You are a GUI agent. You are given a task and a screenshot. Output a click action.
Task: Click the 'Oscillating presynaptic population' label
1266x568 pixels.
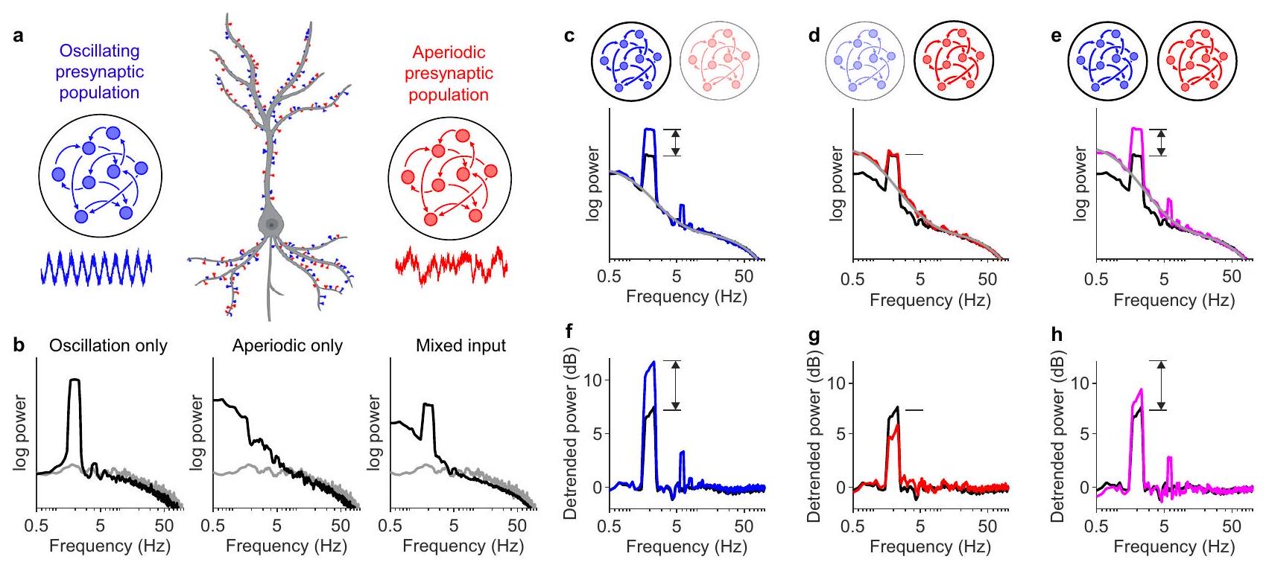point(99,72)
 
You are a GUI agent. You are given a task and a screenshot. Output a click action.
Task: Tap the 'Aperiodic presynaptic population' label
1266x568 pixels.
point(449,74)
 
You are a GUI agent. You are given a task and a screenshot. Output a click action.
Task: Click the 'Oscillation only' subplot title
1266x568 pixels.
point(108,346)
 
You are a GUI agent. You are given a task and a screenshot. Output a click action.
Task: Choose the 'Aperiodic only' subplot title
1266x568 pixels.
point(287,346)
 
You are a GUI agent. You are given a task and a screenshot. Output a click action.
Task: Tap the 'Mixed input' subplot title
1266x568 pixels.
point(460,346)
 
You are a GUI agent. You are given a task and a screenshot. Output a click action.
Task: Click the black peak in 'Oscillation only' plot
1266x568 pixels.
point(74,381)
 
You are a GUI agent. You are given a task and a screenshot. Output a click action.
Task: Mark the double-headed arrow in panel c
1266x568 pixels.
point(675,142)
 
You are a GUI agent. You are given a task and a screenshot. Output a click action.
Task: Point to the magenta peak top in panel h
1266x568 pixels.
point(1141,390)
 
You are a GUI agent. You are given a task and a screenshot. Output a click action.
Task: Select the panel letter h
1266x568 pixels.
point(1056,335)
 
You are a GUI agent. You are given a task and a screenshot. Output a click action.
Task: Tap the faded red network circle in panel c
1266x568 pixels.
point(719,60)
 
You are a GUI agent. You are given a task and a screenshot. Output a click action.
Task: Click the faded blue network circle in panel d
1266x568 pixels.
point(864,60)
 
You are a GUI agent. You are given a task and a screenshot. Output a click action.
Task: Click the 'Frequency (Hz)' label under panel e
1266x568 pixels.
point(1174,301)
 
